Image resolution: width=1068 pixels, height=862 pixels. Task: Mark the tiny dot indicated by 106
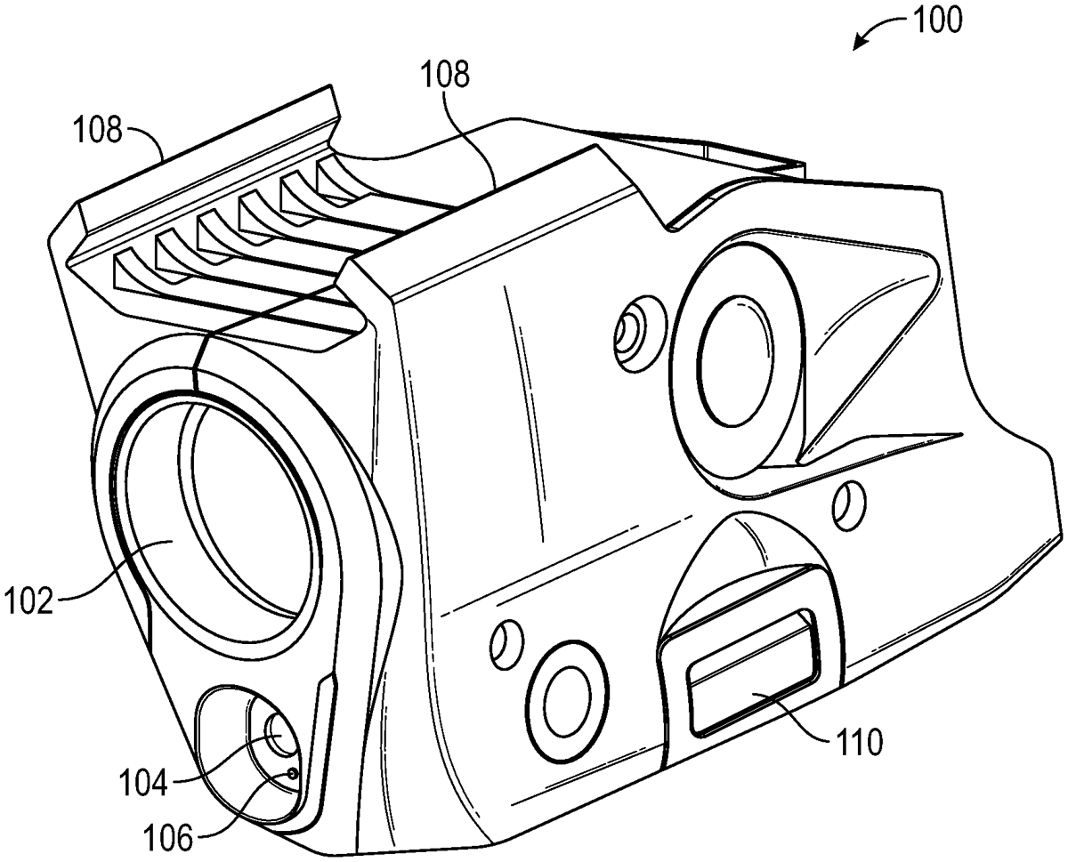tap(292, 774)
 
